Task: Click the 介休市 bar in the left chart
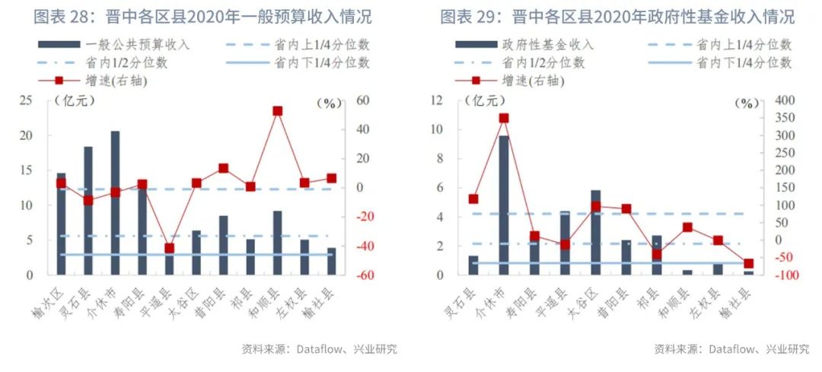pos(115,202)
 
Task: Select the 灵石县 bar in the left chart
pos(88,210)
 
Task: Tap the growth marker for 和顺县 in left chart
pos(277,111)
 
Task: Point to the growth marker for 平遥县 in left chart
pos(169,248)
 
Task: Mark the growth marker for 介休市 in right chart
pos(503,118)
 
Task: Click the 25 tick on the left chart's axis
pos(31,100)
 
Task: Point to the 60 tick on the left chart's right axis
pos(345,100)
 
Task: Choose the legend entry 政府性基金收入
pos(547,45)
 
